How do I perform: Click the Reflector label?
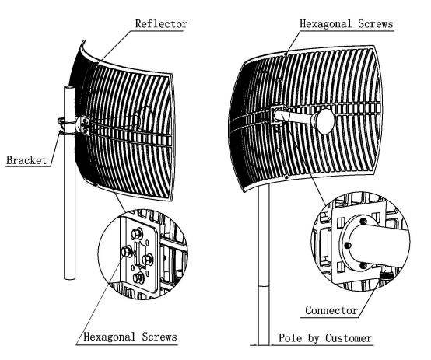click(161, 24)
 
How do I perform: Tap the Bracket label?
click(26, 160)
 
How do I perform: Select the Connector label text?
click(331, 310)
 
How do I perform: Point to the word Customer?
click(349, 338)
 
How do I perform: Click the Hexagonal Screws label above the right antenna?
click(346, 24)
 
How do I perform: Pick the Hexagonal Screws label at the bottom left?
click(130, 337)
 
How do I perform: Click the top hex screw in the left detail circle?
click(136, 234)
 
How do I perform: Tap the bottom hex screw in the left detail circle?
click(138, 278)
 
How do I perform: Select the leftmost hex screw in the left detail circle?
click(127, 252)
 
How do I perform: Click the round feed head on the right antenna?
click(324, 121)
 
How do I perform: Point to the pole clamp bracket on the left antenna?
click(63, 126)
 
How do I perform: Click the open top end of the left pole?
click(69, 88)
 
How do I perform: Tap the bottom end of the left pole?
click(69, 278)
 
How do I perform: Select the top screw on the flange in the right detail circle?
click(363, 221)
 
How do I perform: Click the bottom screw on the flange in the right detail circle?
click(363, 266)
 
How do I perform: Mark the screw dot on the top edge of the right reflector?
click(286, 54)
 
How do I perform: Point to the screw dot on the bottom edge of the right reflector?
click(287, 177)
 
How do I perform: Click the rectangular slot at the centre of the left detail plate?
click(140, 254)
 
